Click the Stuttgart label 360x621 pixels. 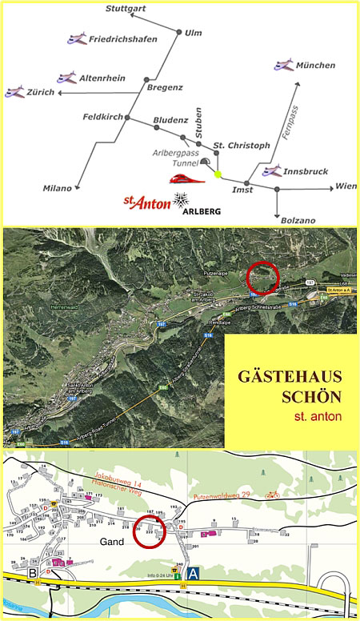coord(127,9)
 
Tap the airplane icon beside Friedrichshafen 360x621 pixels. coord(78,38)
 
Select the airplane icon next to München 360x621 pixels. coord(283,64)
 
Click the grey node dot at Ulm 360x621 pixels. coord(178,32)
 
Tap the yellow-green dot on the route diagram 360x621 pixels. coord(218,173)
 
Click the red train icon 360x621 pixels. coord(186,178)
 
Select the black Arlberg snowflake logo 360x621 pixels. coord(184,199)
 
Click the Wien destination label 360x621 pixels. coord(346,186)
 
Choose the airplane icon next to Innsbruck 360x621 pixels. coord(273,170)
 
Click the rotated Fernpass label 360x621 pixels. coord(292,122)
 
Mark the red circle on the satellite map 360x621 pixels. coord(262,278)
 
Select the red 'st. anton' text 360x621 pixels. coord(318,417)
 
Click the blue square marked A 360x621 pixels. coord(192,573)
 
